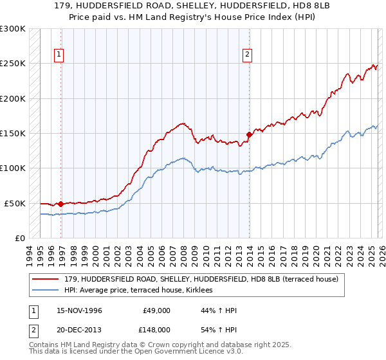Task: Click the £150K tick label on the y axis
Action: pyautogui.click(x=13, y=134)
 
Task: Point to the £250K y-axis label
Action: pyautogui.click(x=13, y=64)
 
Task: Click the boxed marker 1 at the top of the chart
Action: pyautogui.click(x=59, y=55)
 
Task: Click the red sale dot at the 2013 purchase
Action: pyautogui.click(x=249, y=135)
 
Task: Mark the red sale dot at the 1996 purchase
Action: pyautogui.click(x=60, y=204)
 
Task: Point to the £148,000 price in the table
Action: pyautogui.click(x=157, y=328)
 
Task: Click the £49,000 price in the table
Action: pyautogui.click(x=157, y=310)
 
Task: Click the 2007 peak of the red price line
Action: pyautogui.click(x=183, y=123)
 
